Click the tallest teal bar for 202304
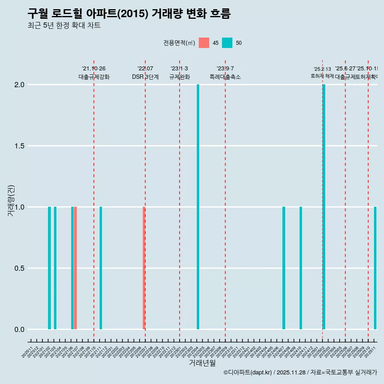pos(198,207)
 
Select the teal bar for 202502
pos(324,207)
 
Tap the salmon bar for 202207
pos(144,268)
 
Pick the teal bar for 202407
pos(284,268)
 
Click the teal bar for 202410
pos(301,268)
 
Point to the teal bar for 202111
pos(101,268)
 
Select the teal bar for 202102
pos(50,268)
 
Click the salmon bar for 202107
pos(75,268)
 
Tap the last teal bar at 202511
pos(375,268)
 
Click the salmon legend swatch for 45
pos(204,43)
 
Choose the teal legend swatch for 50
pos(227,43)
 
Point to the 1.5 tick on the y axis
pos(18,146)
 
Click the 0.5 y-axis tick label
pos(18,268)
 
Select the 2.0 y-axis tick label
pos(18,85)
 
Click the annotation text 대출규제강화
pos(94,77)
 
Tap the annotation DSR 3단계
pos(145,77)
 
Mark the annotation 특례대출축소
pos(225,77)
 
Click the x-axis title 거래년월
pos(202,363)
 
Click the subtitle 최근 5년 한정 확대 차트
pos(64,26)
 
